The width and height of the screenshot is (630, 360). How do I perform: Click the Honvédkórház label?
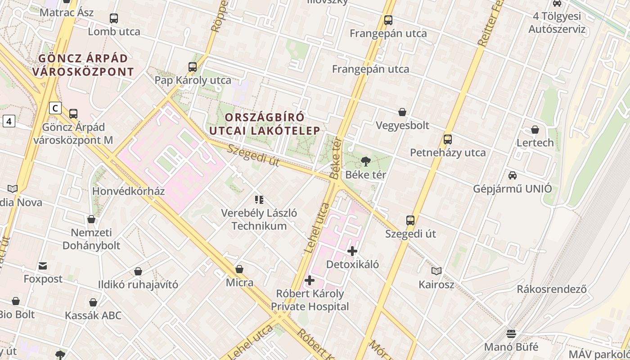pyautogui.click(x=128, y=191)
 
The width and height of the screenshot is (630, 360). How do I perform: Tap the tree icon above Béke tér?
pyautogui.click(x=365, y=161)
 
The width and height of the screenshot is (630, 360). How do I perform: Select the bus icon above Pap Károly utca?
pyautogui.click(x=193, y=67)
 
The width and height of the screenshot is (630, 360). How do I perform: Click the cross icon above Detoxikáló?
pyautogui.click(x=352, y=251)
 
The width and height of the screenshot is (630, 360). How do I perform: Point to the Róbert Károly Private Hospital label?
pyautogui.click(x=310, y=300)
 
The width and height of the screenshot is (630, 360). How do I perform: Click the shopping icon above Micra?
pyautogui.click(x=239, y=269)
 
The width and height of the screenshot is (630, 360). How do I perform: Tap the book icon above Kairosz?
pyautogui.click(x=436, y=271)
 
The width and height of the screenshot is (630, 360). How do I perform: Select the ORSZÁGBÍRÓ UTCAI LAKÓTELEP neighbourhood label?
pyautogui.click(x=265, y=124)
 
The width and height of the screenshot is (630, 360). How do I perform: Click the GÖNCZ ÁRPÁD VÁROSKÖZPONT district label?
pyautogui.click(x=83, y=65)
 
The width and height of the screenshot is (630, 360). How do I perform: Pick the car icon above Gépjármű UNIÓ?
pyautogui.click(x=512, y=175)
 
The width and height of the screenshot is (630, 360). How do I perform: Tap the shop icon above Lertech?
pyautogui.click(x=535, y=130)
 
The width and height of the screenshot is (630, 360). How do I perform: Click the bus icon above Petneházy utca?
pyautogui.click(x=447, y=139)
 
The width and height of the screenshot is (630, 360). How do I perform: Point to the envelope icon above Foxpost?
pyautogui.click(x=43, y=266)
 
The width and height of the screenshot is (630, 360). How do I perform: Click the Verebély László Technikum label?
pyautogui.click(x=259, y=219)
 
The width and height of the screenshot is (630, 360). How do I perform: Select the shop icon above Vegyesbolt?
pyautogui.click(x=402, y=112)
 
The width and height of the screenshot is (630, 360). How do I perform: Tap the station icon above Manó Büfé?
pyautogui.click(x=511, y=333)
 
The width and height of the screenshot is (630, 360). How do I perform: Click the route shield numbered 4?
pyautogui.click(x=9, y=121)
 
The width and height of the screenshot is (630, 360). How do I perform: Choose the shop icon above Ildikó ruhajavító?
pyautogui.click(x=138, y=271)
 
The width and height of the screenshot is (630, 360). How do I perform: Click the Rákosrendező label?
pyautogui.click(x=552, y=289)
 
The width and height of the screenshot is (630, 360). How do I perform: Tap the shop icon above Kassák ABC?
pyautogui.click(x=93, y=302)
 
